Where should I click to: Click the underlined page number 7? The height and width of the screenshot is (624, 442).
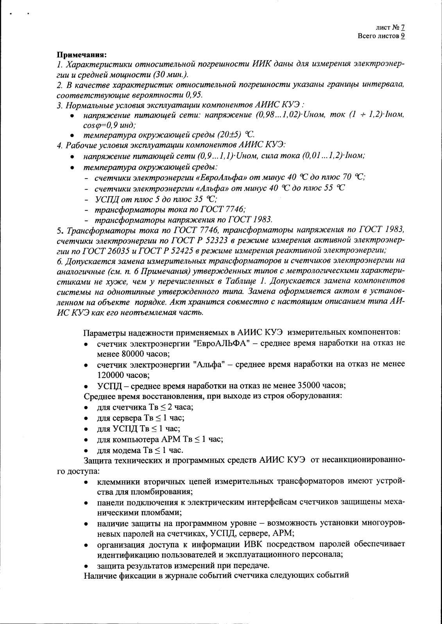coord(403,28)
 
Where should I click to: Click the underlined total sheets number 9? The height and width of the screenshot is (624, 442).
coord(403,36)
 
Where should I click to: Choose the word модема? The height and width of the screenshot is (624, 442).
coord(127,449)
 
